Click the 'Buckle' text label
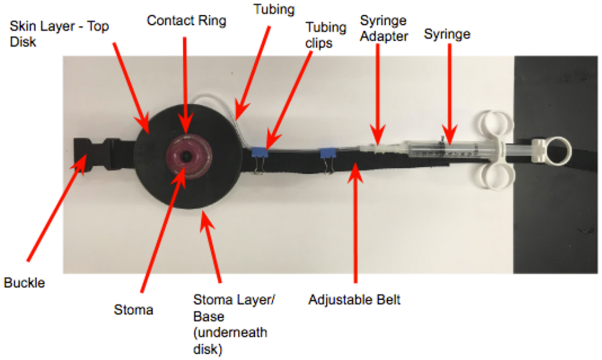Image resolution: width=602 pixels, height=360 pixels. coord(24,282)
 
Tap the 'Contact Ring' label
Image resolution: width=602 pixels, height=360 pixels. coord(186,21)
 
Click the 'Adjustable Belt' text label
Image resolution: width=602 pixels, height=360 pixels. coord(354,299)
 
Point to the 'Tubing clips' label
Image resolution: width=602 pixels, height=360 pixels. coord(325,35)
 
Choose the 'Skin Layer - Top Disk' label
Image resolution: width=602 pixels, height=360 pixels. coord(59,34)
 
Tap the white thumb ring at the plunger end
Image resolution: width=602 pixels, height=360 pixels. coord(559,151)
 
